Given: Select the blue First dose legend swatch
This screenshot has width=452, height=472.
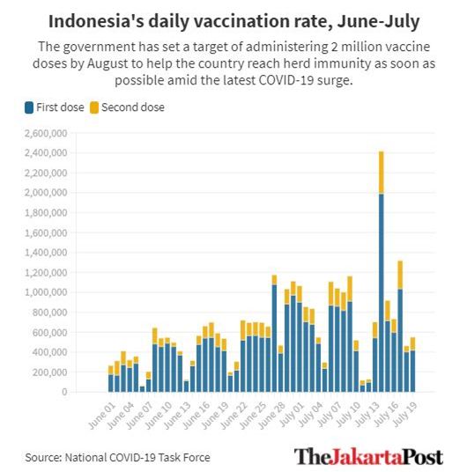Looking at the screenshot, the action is (29, 107).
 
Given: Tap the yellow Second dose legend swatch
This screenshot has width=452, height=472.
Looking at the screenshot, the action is (94, 107).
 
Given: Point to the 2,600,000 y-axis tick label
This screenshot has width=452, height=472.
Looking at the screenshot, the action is (46, 133).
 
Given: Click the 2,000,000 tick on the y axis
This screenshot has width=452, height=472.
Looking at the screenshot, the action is (46, 192).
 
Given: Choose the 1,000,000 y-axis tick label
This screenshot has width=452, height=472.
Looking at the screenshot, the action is (46, 292).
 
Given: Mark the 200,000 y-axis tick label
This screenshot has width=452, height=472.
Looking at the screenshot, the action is (49, 372).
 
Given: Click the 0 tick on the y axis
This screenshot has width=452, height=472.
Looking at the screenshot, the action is (64, 392).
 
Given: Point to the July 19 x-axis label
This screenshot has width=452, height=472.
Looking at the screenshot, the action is (405, 414).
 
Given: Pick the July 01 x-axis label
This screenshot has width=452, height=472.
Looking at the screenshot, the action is (292, 414).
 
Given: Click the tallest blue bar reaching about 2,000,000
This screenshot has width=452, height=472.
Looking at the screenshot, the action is (382, 293).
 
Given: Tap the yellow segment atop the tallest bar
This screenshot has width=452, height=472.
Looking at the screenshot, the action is (382, 173).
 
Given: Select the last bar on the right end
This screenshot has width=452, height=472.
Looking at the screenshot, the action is (412, 365).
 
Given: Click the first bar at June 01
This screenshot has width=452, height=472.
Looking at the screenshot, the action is (111, 379).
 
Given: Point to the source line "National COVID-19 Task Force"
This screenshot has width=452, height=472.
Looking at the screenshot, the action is (137, 458).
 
